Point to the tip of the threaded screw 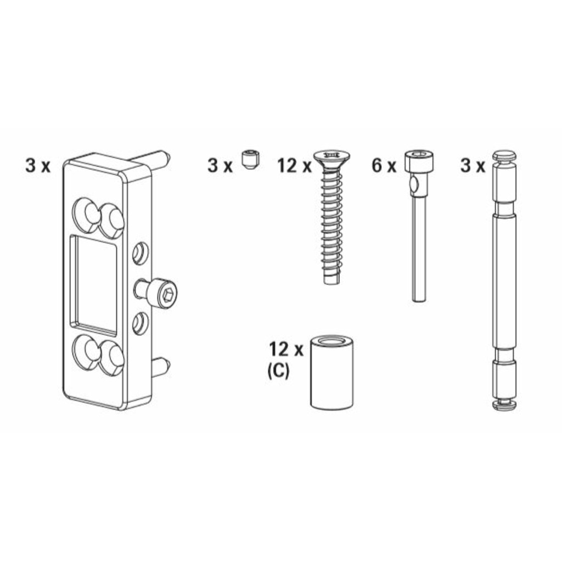(x=331, y=279)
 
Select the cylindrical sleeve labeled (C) (x=331, y=374)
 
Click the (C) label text (x=278, y=371)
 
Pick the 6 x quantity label (x=384, y=166)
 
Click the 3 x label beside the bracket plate (x=38, y=165)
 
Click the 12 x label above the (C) (x=286, y=349)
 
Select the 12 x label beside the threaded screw (x=294, y=166)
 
